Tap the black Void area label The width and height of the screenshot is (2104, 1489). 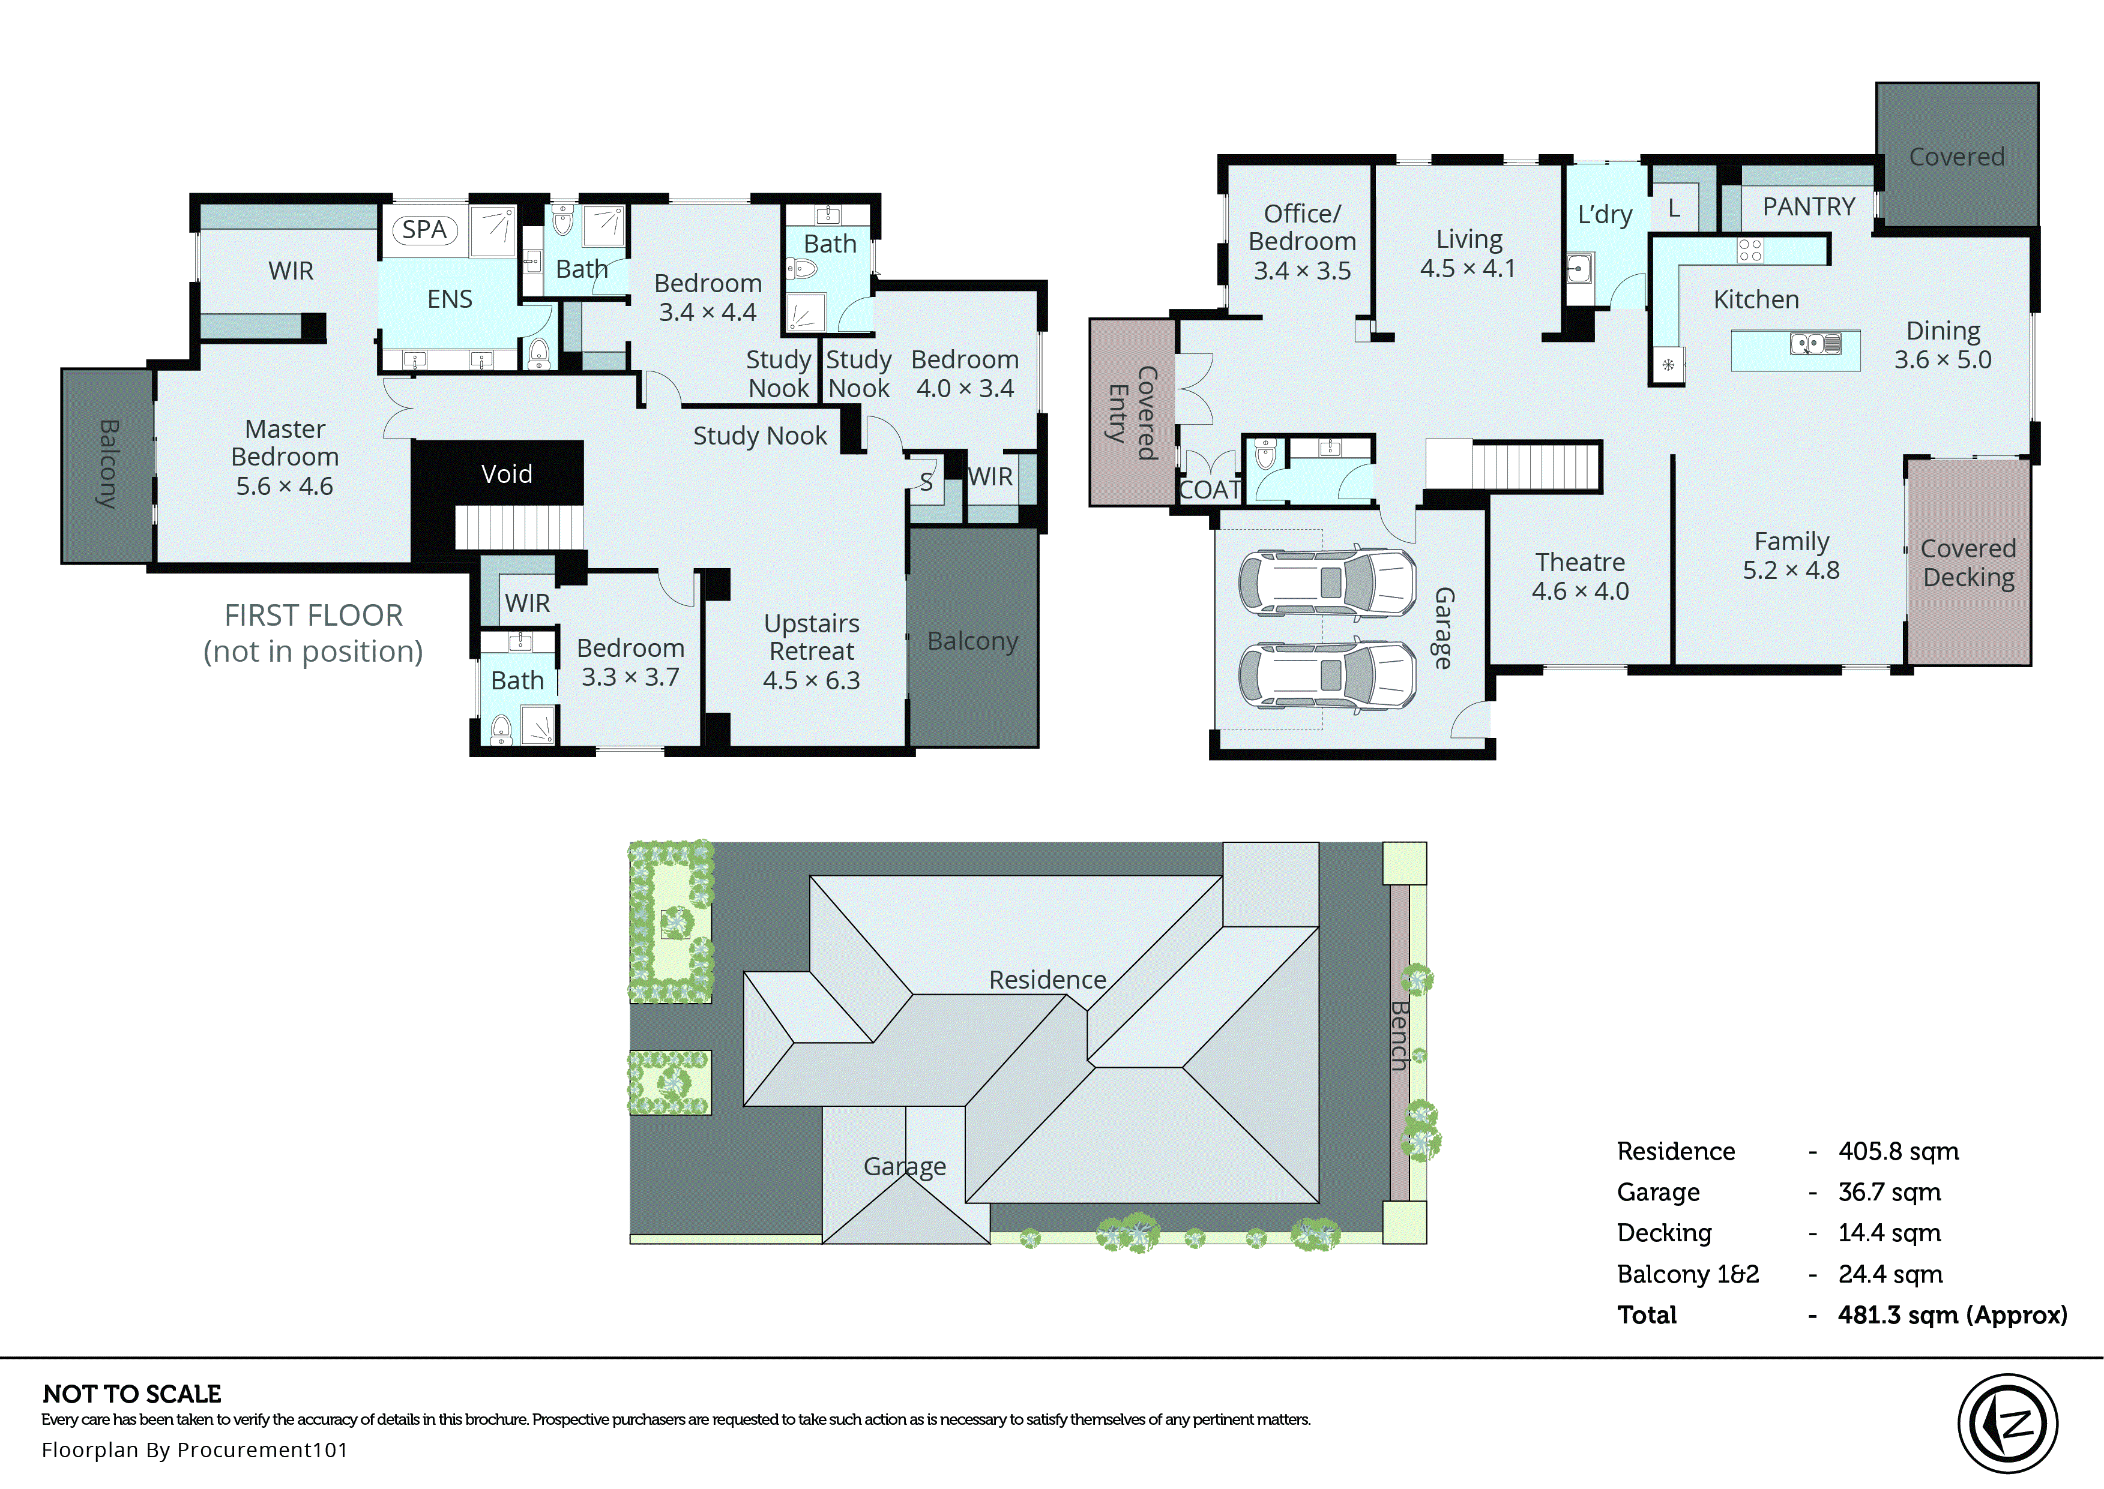point(506,474)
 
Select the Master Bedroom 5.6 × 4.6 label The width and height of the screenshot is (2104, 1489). point(285,458)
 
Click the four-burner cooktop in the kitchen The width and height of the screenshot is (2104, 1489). point(1749,250)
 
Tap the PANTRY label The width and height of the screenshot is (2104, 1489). point(1807,207)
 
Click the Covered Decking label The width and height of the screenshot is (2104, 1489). point(1967,563)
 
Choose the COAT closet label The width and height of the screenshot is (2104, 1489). point(1209,491)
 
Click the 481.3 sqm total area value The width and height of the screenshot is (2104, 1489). point(1952,1315)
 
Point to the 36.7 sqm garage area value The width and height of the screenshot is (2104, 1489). point(1888,1192)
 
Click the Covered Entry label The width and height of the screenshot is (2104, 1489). point(1132,413)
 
